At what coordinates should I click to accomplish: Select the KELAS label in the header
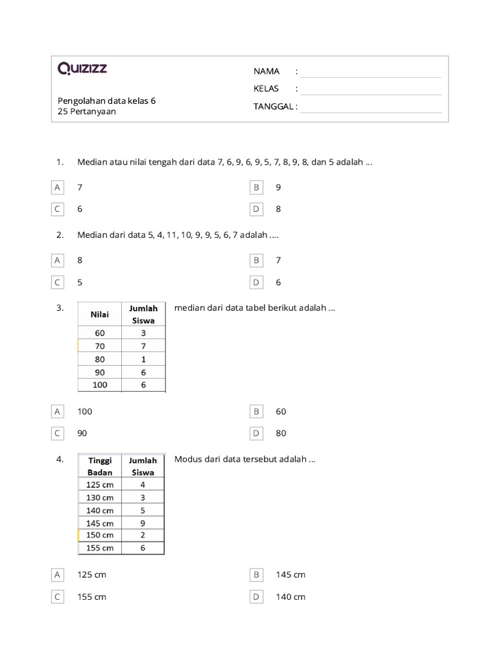pyautogui.click(x=266, y=89)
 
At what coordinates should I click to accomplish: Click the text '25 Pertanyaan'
pyautogui.click(x=87, y=112)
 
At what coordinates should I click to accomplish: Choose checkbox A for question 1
pyautogui.click(x=58, y=187)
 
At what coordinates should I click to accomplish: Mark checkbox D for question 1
pyautogui.click(x=257, y=209)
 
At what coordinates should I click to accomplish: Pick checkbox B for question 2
pyautogui.click(x=257, y=260)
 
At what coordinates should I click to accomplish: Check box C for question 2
pyautogui.click(x=58, y=283)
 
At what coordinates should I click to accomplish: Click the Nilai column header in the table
pyautogui.click(x=99, y=314)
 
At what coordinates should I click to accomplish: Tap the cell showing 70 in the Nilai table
pyautogui.click(x=99, y=346)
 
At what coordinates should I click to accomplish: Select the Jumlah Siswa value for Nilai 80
pyautogui.click(x=143, y=359)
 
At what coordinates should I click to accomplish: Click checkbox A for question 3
pyautogui.click(x=58, y=412)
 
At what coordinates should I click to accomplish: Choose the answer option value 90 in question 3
pyautogui.click(x=82, y=434)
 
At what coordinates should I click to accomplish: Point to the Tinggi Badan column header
pyautogui.click(x=100, y=466)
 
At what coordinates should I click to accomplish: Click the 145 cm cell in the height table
pyautogui.click(x=100, y=523)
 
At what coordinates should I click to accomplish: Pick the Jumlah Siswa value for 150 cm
pyautogui.click(x=143, y=535)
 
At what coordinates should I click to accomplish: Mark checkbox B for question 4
pyautogui.click(x=257, y=575)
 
